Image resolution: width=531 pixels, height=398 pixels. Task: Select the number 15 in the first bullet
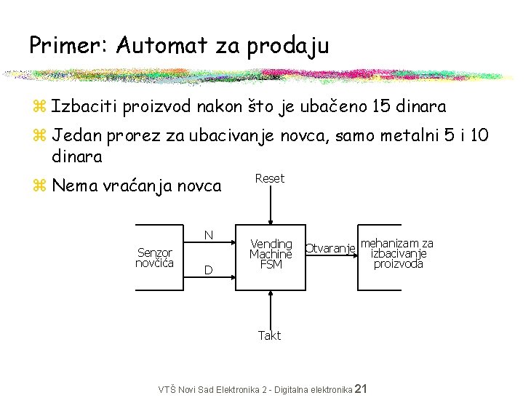click(x=380, y=106)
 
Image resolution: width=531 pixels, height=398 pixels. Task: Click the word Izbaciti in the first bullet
click(x=82, y=106)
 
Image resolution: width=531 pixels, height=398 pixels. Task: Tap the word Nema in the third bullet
click(x=75, y=186)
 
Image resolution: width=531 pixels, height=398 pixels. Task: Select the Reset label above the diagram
click(x=270, y=178)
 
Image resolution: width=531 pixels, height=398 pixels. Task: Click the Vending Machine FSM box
click(x=271, y=254)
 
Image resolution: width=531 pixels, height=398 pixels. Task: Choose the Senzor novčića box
click(x=155, y=257)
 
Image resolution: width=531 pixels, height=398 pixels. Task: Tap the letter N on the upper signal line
click(x=208, y=235)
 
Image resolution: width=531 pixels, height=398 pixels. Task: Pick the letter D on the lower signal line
click(x=208, y=270)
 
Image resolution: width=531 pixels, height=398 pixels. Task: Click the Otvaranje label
click(x=330, y=248)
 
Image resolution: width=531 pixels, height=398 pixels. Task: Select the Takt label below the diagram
click(x=269, y=335)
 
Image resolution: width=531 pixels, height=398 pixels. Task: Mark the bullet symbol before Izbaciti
click(x=40, y=108)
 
